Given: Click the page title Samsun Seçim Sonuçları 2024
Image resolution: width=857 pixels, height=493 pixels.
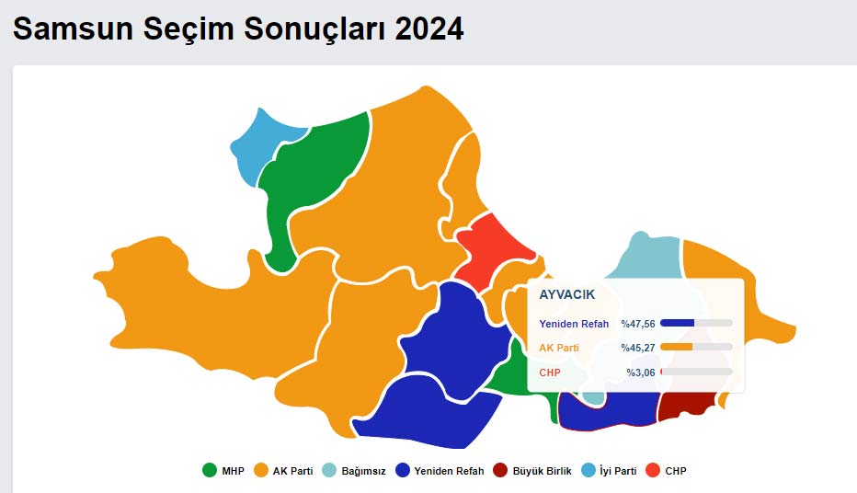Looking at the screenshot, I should pyautogui.click(x=238, y=29).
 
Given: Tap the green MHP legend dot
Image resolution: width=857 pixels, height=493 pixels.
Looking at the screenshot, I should pyautogui.click(x=209, y=471).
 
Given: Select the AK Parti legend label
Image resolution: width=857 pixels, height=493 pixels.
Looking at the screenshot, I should pyautogui.click(x=292, y=471).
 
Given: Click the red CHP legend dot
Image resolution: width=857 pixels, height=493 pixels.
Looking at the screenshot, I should pyautogui.click(x=653, y=471).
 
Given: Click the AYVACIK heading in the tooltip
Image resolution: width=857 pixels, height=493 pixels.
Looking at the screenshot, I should pyautogui.click(x=566, y=295).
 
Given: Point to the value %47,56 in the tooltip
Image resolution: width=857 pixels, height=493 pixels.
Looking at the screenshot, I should pyautogui.click(x=638, y=324).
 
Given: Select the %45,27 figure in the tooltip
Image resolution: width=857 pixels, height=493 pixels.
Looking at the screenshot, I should pyautogui.click(x=638, y=348).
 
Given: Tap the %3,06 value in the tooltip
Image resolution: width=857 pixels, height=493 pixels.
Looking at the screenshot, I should pyautogui.click(x=641, y=373).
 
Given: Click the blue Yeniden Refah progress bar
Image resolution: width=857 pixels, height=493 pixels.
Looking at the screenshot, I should pyautogui.click(x=678, y=323).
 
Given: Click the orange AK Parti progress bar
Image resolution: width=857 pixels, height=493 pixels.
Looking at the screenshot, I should pyautogui.click(x=677, y=347).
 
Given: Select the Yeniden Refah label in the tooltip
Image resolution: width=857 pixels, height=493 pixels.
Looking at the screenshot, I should pyautogui.click(x=574, y=324).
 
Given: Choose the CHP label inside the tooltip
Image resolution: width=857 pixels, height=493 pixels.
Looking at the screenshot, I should pyautogui.click(x=550, y=373).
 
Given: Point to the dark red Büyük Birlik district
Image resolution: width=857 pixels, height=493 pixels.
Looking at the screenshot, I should pyautogui.click(x=688, y=404).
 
